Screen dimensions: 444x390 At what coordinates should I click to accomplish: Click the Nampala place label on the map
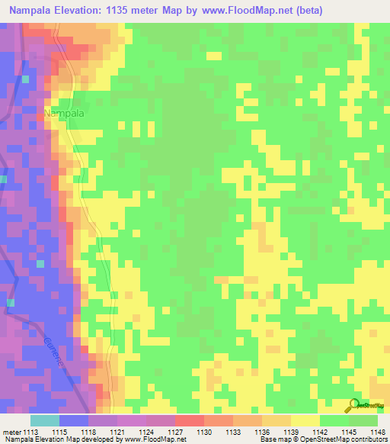tap(63, 113)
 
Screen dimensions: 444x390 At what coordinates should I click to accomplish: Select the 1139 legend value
tap(292, 432)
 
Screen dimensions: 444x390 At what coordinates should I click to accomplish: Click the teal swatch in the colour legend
tap(45, 420)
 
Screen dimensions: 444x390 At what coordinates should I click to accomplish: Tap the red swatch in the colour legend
tap(190, 420)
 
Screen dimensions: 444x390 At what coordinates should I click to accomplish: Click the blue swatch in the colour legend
tap(74, 420)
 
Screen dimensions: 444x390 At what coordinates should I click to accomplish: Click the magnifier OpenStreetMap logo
tap(354, 405)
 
